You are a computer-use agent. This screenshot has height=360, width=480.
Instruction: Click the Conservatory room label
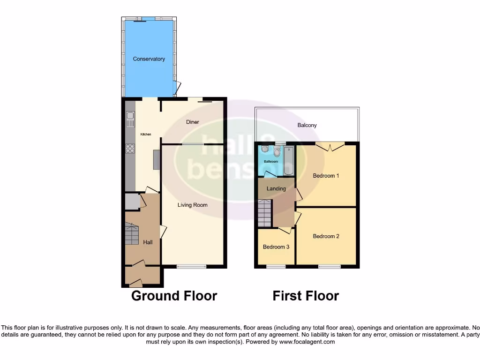click(x=149, y=59)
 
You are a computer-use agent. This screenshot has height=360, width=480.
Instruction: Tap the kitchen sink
click(x=130, y=120)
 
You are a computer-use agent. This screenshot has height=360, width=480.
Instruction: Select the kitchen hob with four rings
click(x=130, y=149)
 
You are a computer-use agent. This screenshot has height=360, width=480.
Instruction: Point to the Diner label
click(x=192, y=122)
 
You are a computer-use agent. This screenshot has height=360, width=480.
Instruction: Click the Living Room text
click(x=192, y=205)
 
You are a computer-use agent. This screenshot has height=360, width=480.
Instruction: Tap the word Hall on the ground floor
click(x=148, y=242)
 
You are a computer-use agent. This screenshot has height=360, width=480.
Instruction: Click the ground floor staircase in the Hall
click(x=132, y=232)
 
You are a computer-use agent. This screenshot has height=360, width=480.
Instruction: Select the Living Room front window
click(x=191, y=267)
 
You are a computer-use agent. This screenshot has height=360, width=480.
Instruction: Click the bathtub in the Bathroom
click(x=287, y=159)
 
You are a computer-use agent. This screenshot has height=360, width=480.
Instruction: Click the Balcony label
click(x=307, y=125)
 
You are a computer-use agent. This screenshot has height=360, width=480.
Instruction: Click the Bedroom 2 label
click(x=326, y=236)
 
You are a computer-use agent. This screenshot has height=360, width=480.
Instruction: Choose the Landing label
click(x=276, y=188)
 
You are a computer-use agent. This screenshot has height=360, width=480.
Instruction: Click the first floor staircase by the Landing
click(x=265, y=213)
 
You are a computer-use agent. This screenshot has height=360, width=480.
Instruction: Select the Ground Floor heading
click(x=174, y=296)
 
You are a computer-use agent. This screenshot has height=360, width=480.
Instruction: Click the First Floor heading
click(x=306, y=296)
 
